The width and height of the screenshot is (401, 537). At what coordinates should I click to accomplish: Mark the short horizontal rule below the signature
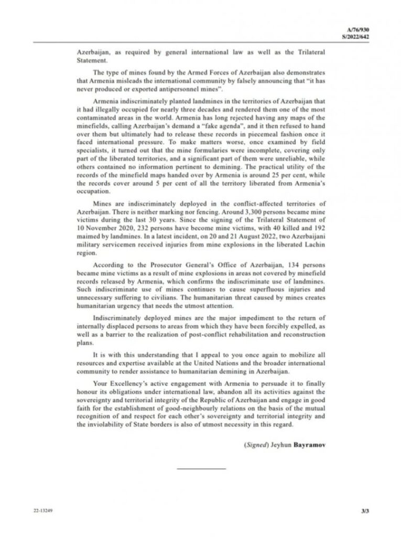(x=201, y=468)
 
